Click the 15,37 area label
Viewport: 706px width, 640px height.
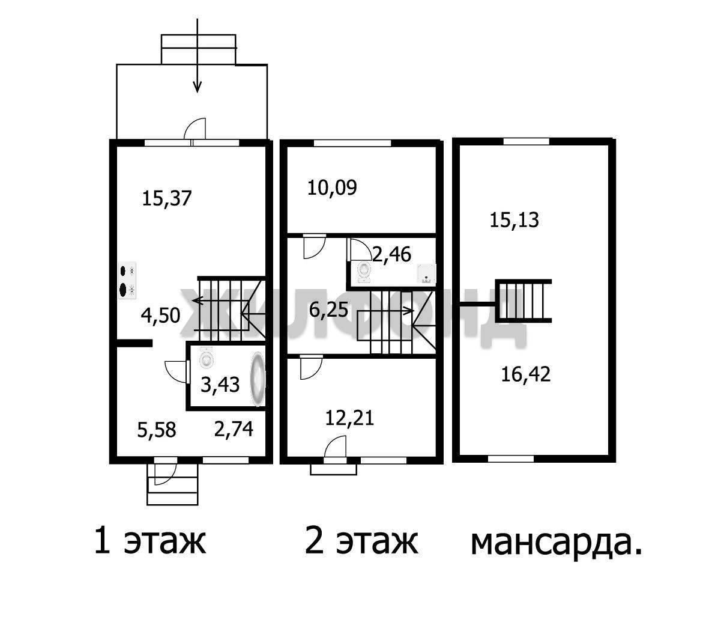click(167, 198)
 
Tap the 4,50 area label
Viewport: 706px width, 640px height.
click(161, 315)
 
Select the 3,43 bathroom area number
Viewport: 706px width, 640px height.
click(220, 385)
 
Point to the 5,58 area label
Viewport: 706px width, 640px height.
click(157, 430)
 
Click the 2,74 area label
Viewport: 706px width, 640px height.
click(234, 428)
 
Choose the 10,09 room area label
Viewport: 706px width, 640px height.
click(333, 187)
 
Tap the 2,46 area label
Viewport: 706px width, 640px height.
click(391, 254)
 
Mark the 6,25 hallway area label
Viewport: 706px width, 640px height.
click(329, 309)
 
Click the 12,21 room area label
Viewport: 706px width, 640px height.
click(350, 418)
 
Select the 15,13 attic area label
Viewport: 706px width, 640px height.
click(514, 220)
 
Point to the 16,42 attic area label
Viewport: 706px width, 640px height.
click(526, 374)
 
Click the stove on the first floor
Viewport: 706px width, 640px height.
click(127, 280)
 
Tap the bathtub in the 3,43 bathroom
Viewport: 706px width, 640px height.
click(258, 379)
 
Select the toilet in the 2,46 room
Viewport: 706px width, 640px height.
click(363, 272)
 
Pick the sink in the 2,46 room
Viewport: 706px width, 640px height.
click(426, 273)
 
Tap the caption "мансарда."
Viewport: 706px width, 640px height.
click(557, 543)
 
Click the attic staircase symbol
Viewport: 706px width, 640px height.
click(524, 300)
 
